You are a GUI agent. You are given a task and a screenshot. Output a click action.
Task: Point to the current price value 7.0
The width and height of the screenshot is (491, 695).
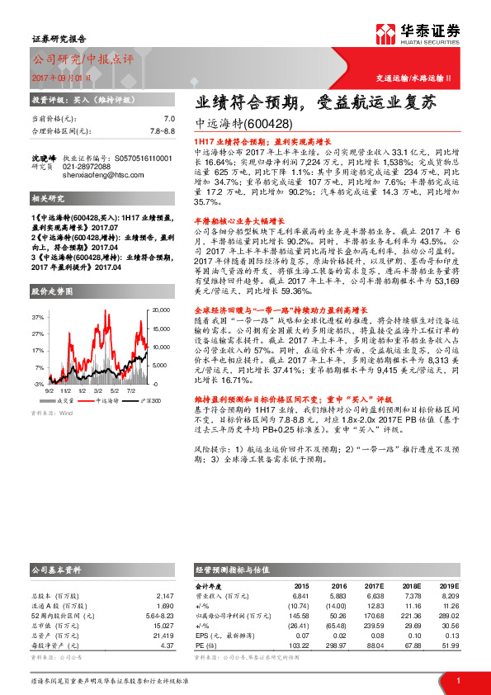[169, 119]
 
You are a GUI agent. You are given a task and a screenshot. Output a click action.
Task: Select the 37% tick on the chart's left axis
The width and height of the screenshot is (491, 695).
[39, 317]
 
